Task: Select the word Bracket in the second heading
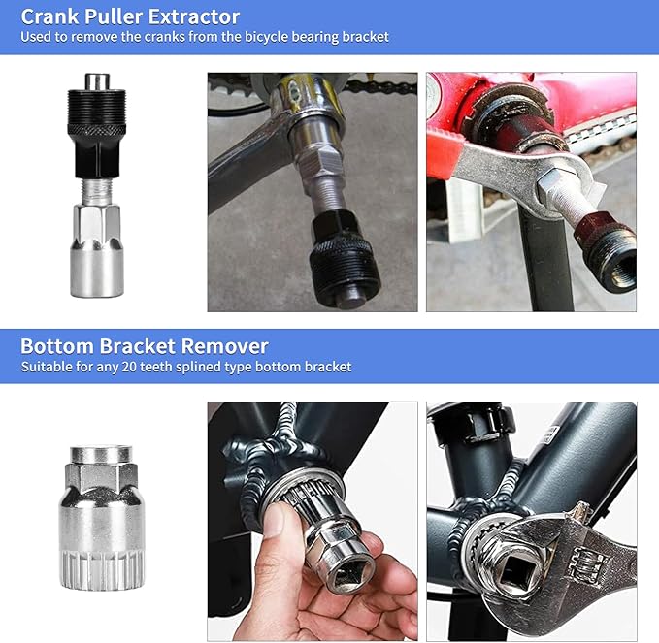[x=137, y=346]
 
